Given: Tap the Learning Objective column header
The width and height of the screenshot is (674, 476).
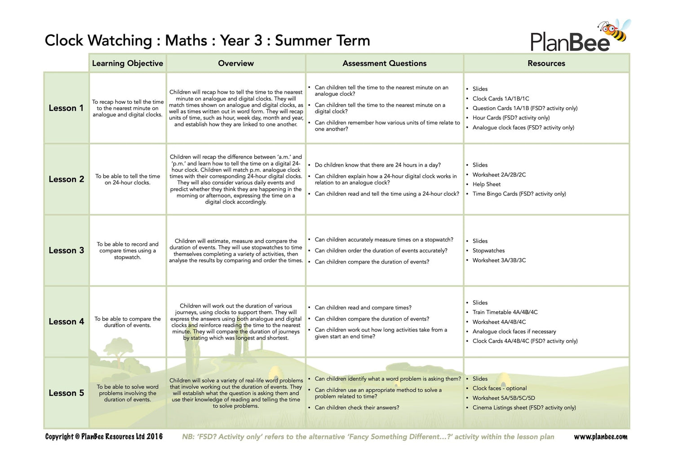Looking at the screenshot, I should click(128, 63).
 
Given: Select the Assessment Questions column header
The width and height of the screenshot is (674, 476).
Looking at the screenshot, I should click(384, 63).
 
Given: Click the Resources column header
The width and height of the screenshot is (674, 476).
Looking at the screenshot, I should click(546, 63).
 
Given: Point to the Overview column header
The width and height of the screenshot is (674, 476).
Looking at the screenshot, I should click(236, 63).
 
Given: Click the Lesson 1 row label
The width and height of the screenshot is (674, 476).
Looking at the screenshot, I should click(66, 108).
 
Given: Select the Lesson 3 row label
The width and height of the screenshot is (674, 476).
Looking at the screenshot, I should click(66, 251).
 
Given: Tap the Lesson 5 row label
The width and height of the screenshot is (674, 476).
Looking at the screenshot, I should click(66, 393).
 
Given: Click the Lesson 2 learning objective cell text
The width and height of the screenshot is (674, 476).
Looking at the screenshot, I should click(128, 179).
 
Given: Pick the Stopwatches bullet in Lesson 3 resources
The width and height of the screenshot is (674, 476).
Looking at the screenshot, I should click(488, 251).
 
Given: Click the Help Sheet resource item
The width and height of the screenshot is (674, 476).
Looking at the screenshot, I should click(486, 184).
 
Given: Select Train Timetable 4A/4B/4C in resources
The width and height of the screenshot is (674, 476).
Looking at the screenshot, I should click(505, 312).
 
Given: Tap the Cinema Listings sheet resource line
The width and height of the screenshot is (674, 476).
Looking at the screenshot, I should click(524, 408).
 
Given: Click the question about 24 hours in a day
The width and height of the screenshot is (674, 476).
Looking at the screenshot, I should click(377, 165).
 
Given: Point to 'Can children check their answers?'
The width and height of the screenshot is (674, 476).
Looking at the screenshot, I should click(357, 408).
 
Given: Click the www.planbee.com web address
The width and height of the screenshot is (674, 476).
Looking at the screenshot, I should click(600, 437).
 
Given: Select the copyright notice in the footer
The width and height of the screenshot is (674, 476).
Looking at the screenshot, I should click(104, 437).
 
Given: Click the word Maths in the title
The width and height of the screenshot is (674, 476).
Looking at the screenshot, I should click(186, 40).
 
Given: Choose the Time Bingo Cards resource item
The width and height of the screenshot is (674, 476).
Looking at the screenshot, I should click(519, 194).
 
